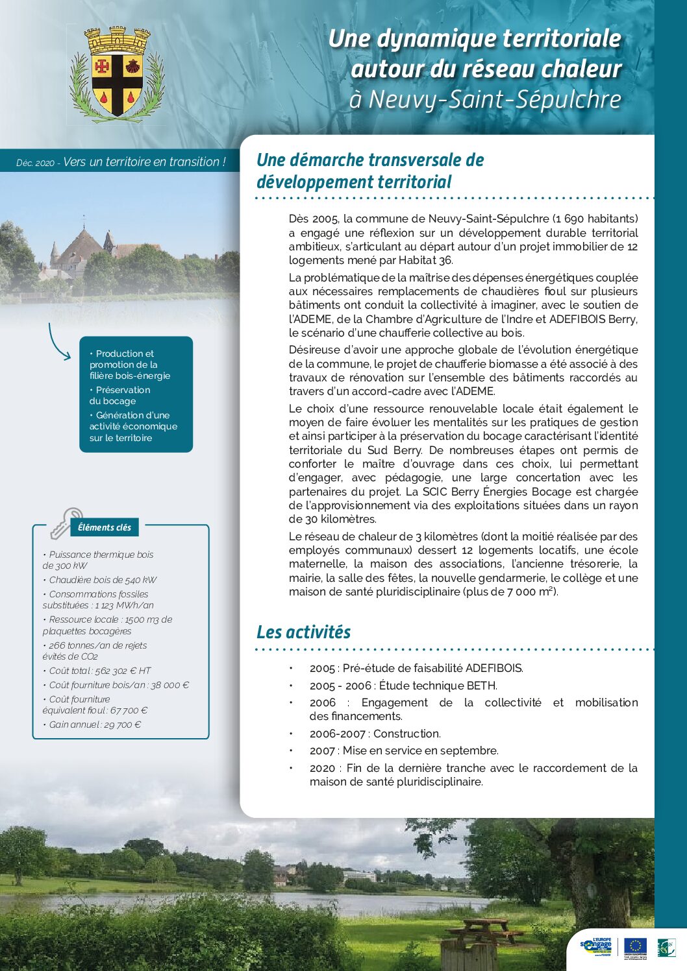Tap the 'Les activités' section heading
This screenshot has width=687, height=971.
click(303, 632)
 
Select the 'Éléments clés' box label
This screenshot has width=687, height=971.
click(105, 527)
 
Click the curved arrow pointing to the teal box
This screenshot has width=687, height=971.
click(57, 342)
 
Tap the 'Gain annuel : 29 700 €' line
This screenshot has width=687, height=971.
click(95, 725)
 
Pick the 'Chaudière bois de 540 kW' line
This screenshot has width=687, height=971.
click(103, 580)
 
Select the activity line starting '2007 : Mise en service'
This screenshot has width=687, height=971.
click(404, 750)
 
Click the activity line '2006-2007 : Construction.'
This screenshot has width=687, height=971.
click(375, 734)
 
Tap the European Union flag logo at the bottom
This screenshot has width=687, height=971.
click(635, 946)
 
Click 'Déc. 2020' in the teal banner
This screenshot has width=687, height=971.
click(35, 163)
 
